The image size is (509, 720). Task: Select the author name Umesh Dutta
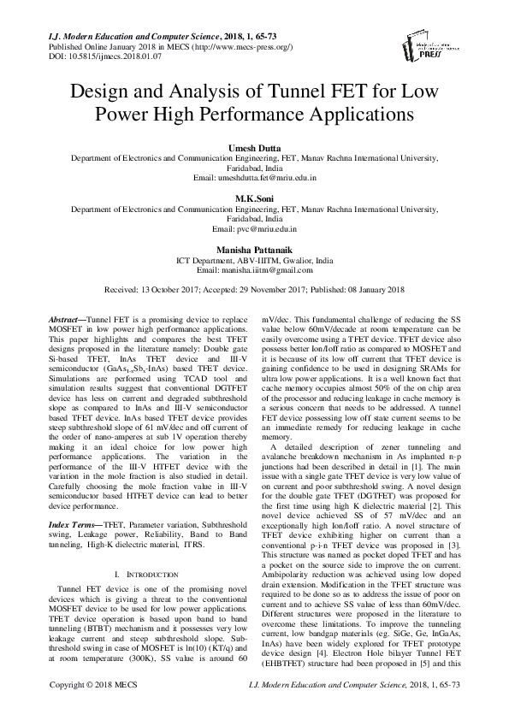254,149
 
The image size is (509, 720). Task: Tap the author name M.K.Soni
254,198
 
